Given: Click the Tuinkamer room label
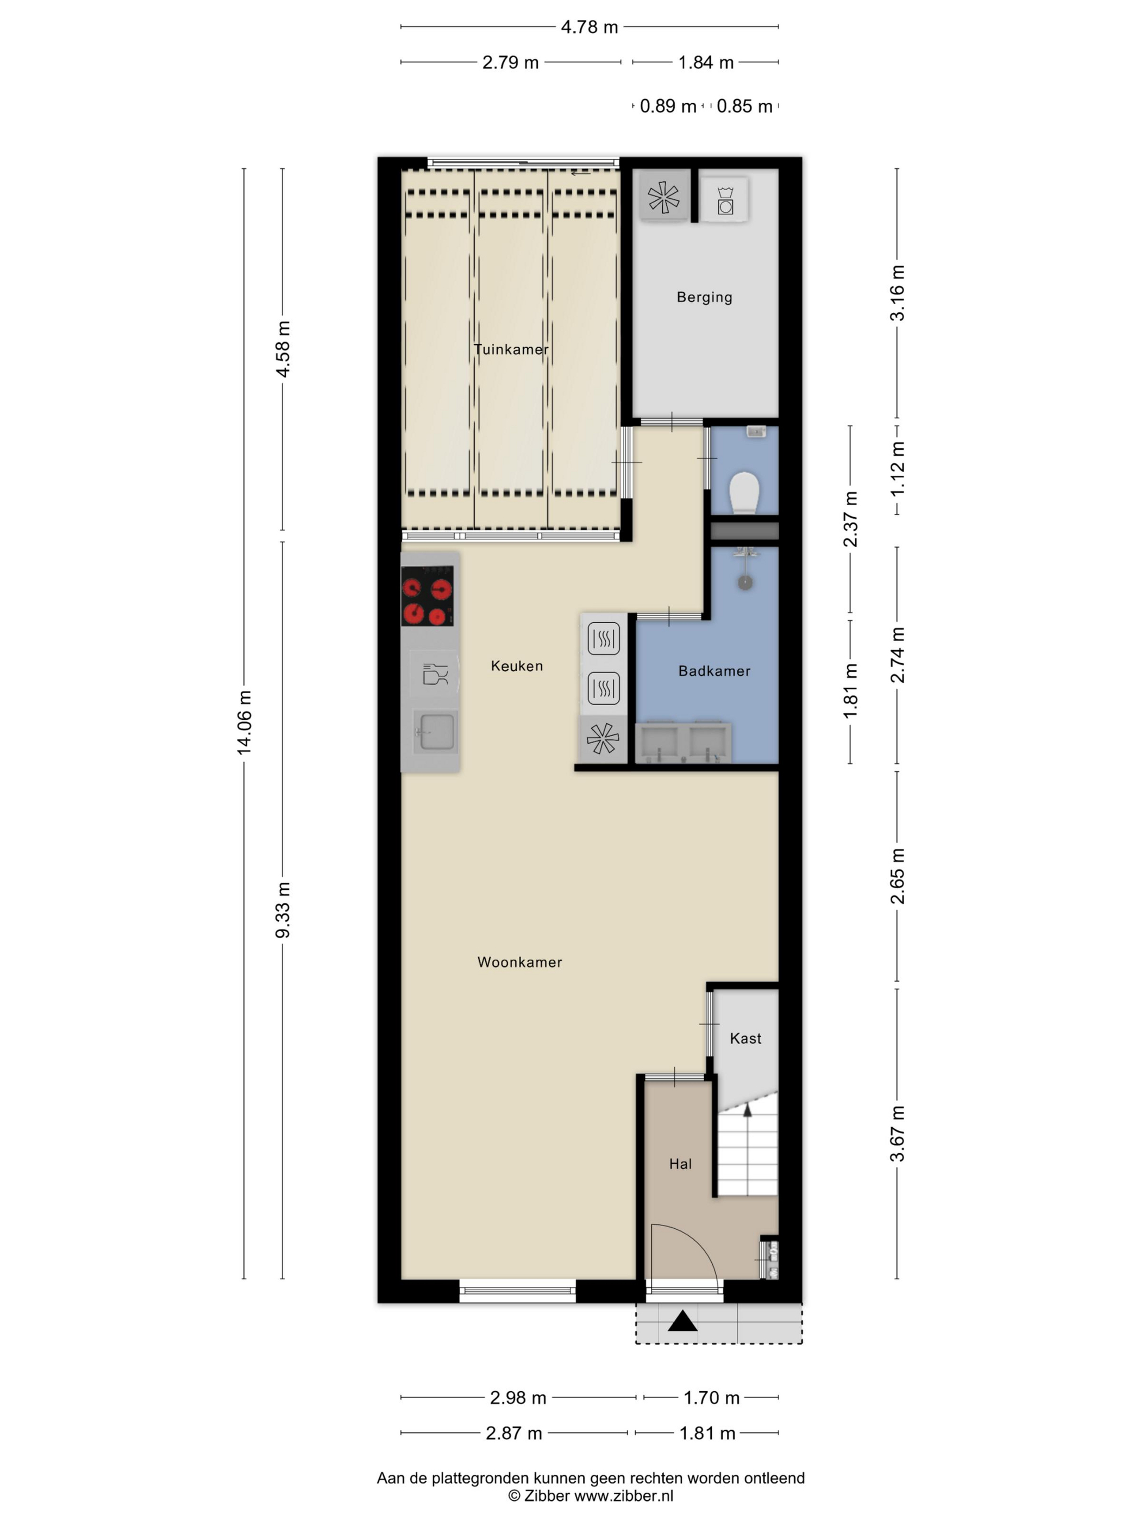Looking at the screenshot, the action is (511, 349).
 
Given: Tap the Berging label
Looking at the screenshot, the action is (704, 297).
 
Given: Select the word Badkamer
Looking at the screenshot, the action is (714, 671).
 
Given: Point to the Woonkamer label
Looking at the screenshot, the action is (519, 962).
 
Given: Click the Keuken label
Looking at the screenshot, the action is (517, 665).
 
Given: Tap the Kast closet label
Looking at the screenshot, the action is (745, 1038).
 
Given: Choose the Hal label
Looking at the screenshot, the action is (680, 1164).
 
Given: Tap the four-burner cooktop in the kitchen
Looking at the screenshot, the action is (427, 595).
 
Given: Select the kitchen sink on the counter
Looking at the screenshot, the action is (435, 732).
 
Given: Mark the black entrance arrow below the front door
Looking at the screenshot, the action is (682, 1321).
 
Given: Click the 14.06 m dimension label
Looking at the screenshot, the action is (244, 722).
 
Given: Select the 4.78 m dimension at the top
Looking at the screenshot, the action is (590, 27).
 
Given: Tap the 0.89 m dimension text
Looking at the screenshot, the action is (668, 106).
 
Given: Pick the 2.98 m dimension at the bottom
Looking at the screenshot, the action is (518, 1397).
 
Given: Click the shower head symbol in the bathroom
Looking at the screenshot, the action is (745, 582).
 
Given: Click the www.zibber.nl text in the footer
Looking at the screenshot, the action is (624, 1495).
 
